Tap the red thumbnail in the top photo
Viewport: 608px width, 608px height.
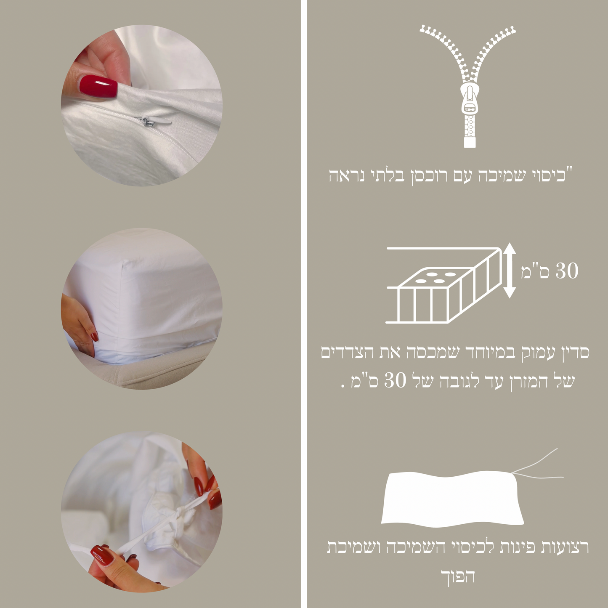[98, 86]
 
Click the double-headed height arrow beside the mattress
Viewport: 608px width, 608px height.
[509, 271]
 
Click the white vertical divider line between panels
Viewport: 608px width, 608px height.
[304, 304]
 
